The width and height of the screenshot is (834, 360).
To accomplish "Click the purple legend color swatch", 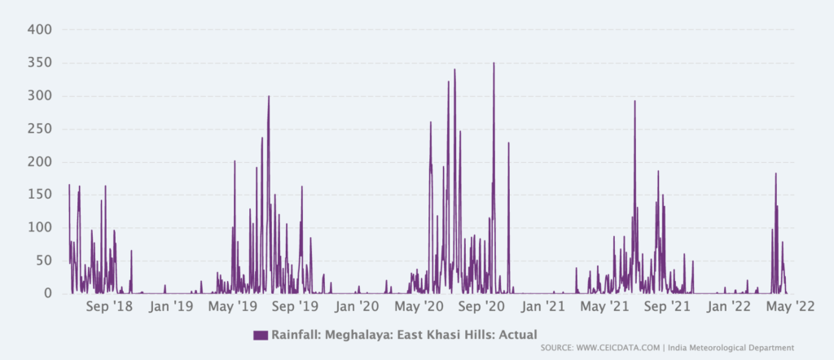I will tap(261, 335).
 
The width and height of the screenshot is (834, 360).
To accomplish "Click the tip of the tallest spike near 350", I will tap(494, 63).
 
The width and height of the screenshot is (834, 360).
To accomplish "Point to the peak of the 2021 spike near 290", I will tap(634, 101).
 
